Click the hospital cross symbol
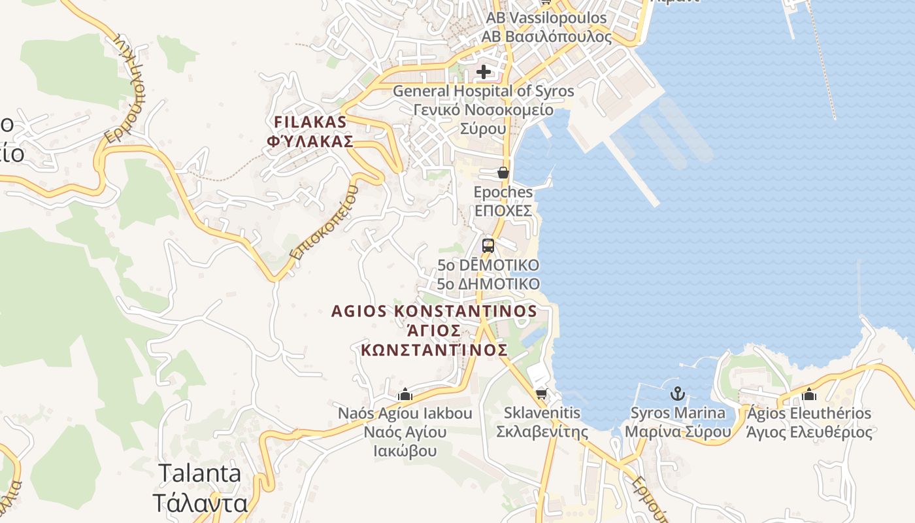point(484,71)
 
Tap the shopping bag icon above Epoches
point(503,173)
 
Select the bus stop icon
point(488,246)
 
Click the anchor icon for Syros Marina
point(678,394)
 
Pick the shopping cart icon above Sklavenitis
point(541,394)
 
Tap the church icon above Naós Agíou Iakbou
point(405,394)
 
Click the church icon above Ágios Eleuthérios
point(809,394)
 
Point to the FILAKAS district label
point(310,122)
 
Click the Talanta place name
point(201,473)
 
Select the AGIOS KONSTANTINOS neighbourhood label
point(434,311)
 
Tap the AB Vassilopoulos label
point(546,18)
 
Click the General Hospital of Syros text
point(483,92)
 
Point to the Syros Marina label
point(678,413)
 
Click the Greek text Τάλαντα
point(201,503)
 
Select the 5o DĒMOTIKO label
point(489,265)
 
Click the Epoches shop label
point(503,192)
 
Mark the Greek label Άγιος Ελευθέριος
point(809,432)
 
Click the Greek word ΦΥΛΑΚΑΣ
point(310,141)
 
